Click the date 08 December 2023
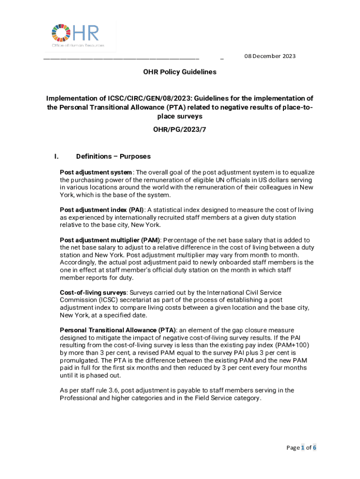(270, 56)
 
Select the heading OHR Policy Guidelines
(180, 72)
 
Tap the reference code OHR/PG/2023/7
(180, 129)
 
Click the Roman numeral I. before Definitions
(57, 156)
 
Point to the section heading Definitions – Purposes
(113, 156)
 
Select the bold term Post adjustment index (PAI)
(101, 210)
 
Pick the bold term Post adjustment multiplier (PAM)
(110, 240)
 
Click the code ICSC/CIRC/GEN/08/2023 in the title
(149, 98)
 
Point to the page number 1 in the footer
(302, 448)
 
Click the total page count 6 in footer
(315, 448)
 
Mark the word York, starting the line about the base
(69, 195)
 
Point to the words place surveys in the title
(180, 116)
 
